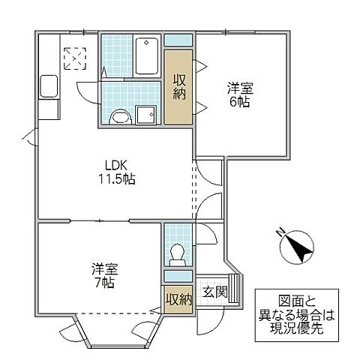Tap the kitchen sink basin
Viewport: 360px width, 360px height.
click(x=49, y=87)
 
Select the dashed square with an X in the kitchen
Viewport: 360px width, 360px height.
click(x=74, y=58)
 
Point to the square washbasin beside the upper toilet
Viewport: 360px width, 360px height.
click(x=145, y=115)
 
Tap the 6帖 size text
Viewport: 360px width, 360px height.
click(x=239, y=101)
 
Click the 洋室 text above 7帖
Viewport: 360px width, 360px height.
click(x=105, y=268)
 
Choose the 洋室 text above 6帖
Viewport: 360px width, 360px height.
click(x=239, y=88)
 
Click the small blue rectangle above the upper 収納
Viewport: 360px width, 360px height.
click(x=179, y=41)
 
